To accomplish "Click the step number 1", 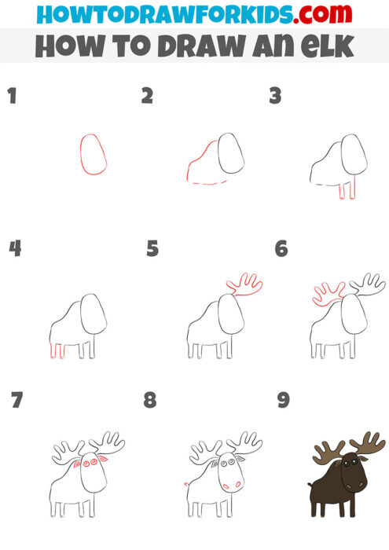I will (x=12, y=97).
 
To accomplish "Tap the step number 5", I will (x=152, y=250).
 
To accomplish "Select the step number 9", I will (x=284, y=401).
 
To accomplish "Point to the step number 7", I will (x=17, y=401).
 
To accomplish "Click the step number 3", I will (x=275, y=97).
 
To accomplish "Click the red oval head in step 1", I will (x=94, y=154).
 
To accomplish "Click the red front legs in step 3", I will (x=347, y=191).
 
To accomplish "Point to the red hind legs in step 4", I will (x=57, y=350).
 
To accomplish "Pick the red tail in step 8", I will (x=186, y=482).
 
